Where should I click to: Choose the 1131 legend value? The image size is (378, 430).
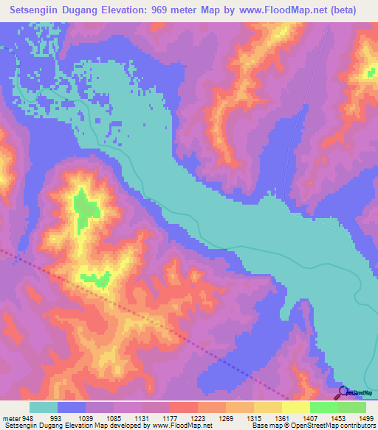[148, 417]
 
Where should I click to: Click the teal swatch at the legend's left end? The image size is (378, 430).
[44, 407]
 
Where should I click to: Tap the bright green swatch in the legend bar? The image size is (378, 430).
[323, 407]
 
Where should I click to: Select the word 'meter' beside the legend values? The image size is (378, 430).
[12, 417]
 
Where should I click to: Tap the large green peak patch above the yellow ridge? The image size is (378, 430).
[86, 208]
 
